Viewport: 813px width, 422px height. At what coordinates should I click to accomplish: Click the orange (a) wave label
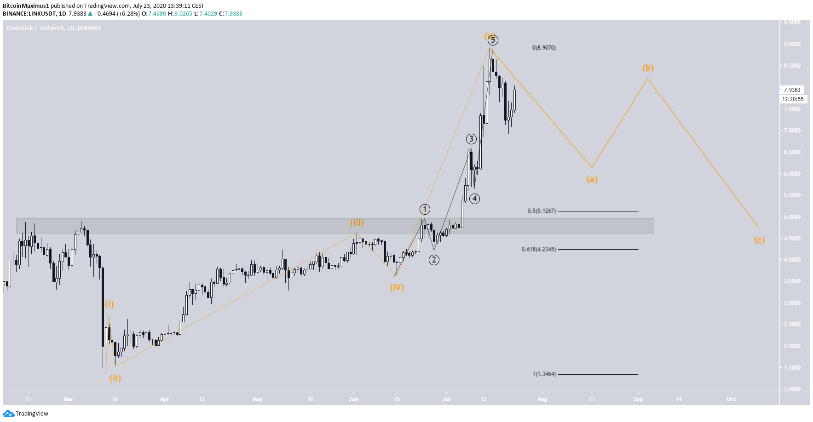coord(592,179)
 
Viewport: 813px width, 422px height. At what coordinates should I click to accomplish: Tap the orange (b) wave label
coord(648,68)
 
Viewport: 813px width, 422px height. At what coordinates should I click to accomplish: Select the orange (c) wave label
coord(759,240)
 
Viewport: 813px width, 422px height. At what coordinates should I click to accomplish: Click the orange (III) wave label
coord(357,223)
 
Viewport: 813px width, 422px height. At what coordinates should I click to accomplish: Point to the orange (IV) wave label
coord(397,287)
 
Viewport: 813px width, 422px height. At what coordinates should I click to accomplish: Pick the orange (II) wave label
coord(115,378)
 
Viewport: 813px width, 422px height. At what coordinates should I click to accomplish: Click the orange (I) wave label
coord(109,304)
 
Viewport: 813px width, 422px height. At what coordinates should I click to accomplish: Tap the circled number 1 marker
coord(425,210)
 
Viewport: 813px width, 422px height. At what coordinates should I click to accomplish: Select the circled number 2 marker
coord(434,260)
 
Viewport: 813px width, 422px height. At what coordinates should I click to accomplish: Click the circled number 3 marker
coord(471,139)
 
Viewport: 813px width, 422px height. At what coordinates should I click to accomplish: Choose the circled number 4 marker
coord(474,199)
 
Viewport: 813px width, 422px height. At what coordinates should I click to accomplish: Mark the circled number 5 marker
coord(493,40)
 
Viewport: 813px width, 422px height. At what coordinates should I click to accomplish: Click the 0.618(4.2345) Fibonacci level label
coord(538,250)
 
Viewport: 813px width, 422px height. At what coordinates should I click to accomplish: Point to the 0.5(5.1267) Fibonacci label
coord(542,211)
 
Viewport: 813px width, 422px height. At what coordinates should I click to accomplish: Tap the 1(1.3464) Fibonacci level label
coord(544,374)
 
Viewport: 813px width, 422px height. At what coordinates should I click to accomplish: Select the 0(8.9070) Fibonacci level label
coord(544,48)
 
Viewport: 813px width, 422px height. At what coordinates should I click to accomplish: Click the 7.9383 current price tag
coord(792,90)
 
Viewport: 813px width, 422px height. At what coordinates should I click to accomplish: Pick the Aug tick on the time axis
coord(542,399)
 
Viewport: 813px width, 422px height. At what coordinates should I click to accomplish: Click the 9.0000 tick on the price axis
coord(792,44)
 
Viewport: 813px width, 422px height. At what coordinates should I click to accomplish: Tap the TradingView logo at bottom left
coord(26,414)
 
